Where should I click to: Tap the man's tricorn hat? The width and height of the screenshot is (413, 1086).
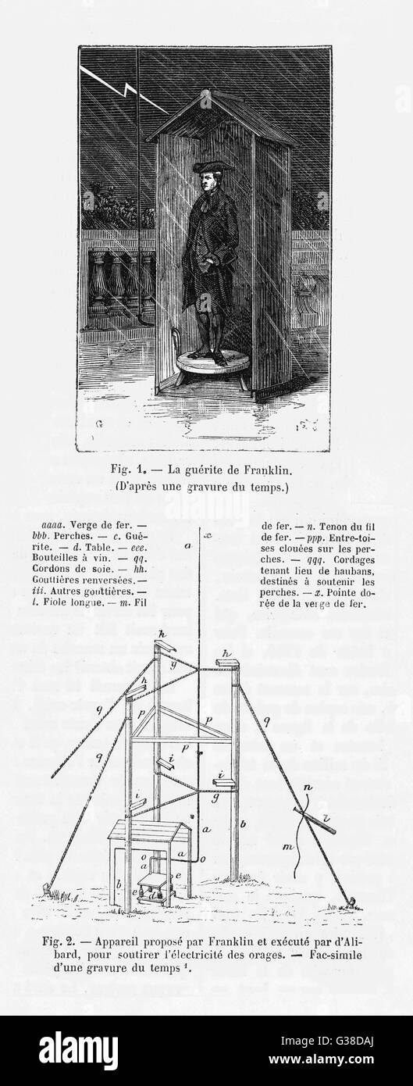point(212,168)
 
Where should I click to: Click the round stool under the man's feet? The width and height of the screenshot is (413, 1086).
point(213,363)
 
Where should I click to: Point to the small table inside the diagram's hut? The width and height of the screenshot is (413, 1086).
point(153,881)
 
